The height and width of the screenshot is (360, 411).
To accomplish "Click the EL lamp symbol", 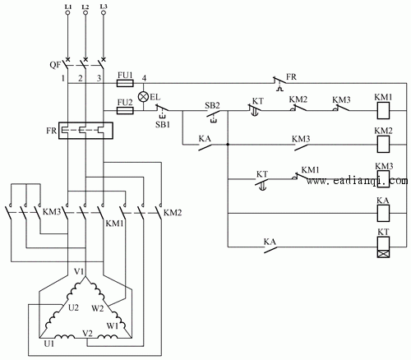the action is pyautogui.click(x=143, y=97).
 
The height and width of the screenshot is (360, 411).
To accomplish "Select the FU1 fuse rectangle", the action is pyautogui.click(x=125, y=83).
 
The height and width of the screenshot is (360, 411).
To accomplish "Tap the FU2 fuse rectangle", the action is pyautogui.click(x=125, y=111).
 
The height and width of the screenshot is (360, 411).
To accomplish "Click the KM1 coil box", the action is pyautogui.click(x=383, y=111).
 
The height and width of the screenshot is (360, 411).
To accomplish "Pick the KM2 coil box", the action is pyautogui.click(x=383, y=144).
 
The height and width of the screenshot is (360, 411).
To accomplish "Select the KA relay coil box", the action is pyautogui.click(x=383, y=213).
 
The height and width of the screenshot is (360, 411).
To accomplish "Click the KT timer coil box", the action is pyautogui.click(x=383, y=247).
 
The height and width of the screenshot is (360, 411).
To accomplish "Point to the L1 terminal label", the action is pyautogui.click(x=68, y=7).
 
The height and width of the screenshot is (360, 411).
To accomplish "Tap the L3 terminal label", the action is pyautogui.click(x=104, y=7).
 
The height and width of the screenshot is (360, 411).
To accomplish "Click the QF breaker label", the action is pyautogui.click(x=55, y=65).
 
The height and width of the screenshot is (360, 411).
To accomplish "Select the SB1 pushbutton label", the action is pyautogui.click(x=163, y=125).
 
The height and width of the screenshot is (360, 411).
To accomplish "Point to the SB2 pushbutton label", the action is pyautogui.click(x=212, y=105).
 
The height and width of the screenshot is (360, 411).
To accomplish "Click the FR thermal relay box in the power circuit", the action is pyautogui.click(x=85, y=131).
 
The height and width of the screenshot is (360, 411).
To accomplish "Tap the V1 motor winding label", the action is pyautogui.click(x=79, y=272).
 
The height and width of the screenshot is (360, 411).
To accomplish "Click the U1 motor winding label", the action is pyautogui.click(x=49, y=344).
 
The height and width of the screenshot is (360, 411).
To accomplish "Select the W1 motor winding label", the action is pyautogui.click(x=113, y=326).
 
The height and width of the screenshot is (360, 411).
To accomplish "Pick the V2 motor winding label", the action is pyautogui.click(x=88, y=333).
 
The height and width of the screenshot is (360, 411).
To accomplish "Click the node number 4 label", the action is pyautogui.click(x=144, y=78).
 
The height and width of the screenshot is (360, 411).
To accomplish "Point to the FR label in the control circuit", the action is pyautogui.click(x=291, y=77).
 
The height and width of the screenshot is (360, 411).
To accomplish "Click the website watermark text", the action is pyautogui.click(x=357, y=181).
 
